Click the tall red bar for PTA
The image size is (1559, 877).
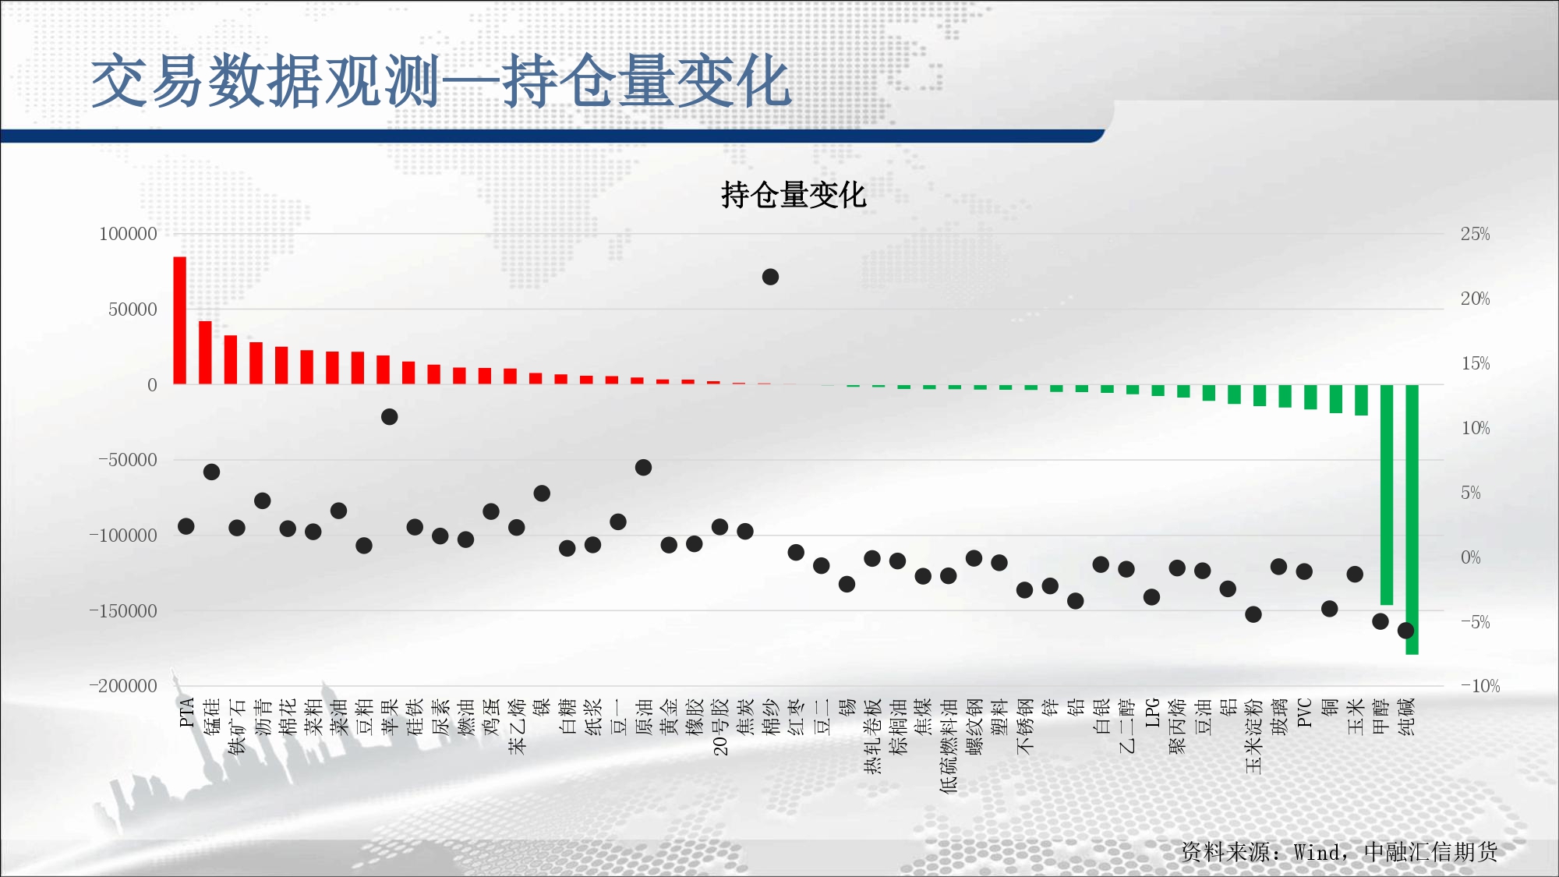179,320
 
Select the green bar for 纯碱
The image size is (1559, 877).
1412,519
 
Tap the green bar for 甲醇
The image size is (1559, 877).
1387,494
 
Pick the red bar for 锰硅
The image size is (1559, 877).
205,352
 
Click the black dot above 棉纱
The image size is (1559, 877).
770,277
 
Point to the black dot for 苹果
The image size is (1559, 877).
390,417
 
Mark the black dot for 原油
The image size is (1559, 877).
643,468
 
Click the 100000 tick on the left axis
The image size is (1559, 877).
128,234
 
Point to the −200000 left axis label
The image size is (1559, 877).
123,686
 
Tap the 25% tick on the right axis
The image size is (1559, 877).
1475,234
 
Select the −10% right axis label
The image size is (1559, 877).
1479,686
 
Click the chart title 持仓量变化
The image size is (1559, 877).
794,195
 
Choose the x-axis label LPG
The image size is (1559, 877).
1152,713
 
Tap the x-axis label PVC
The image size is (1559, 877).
1304,713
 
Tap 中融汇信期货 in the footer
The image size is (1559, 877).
1431,852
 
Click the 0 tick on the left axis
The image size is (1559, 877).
153,384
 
